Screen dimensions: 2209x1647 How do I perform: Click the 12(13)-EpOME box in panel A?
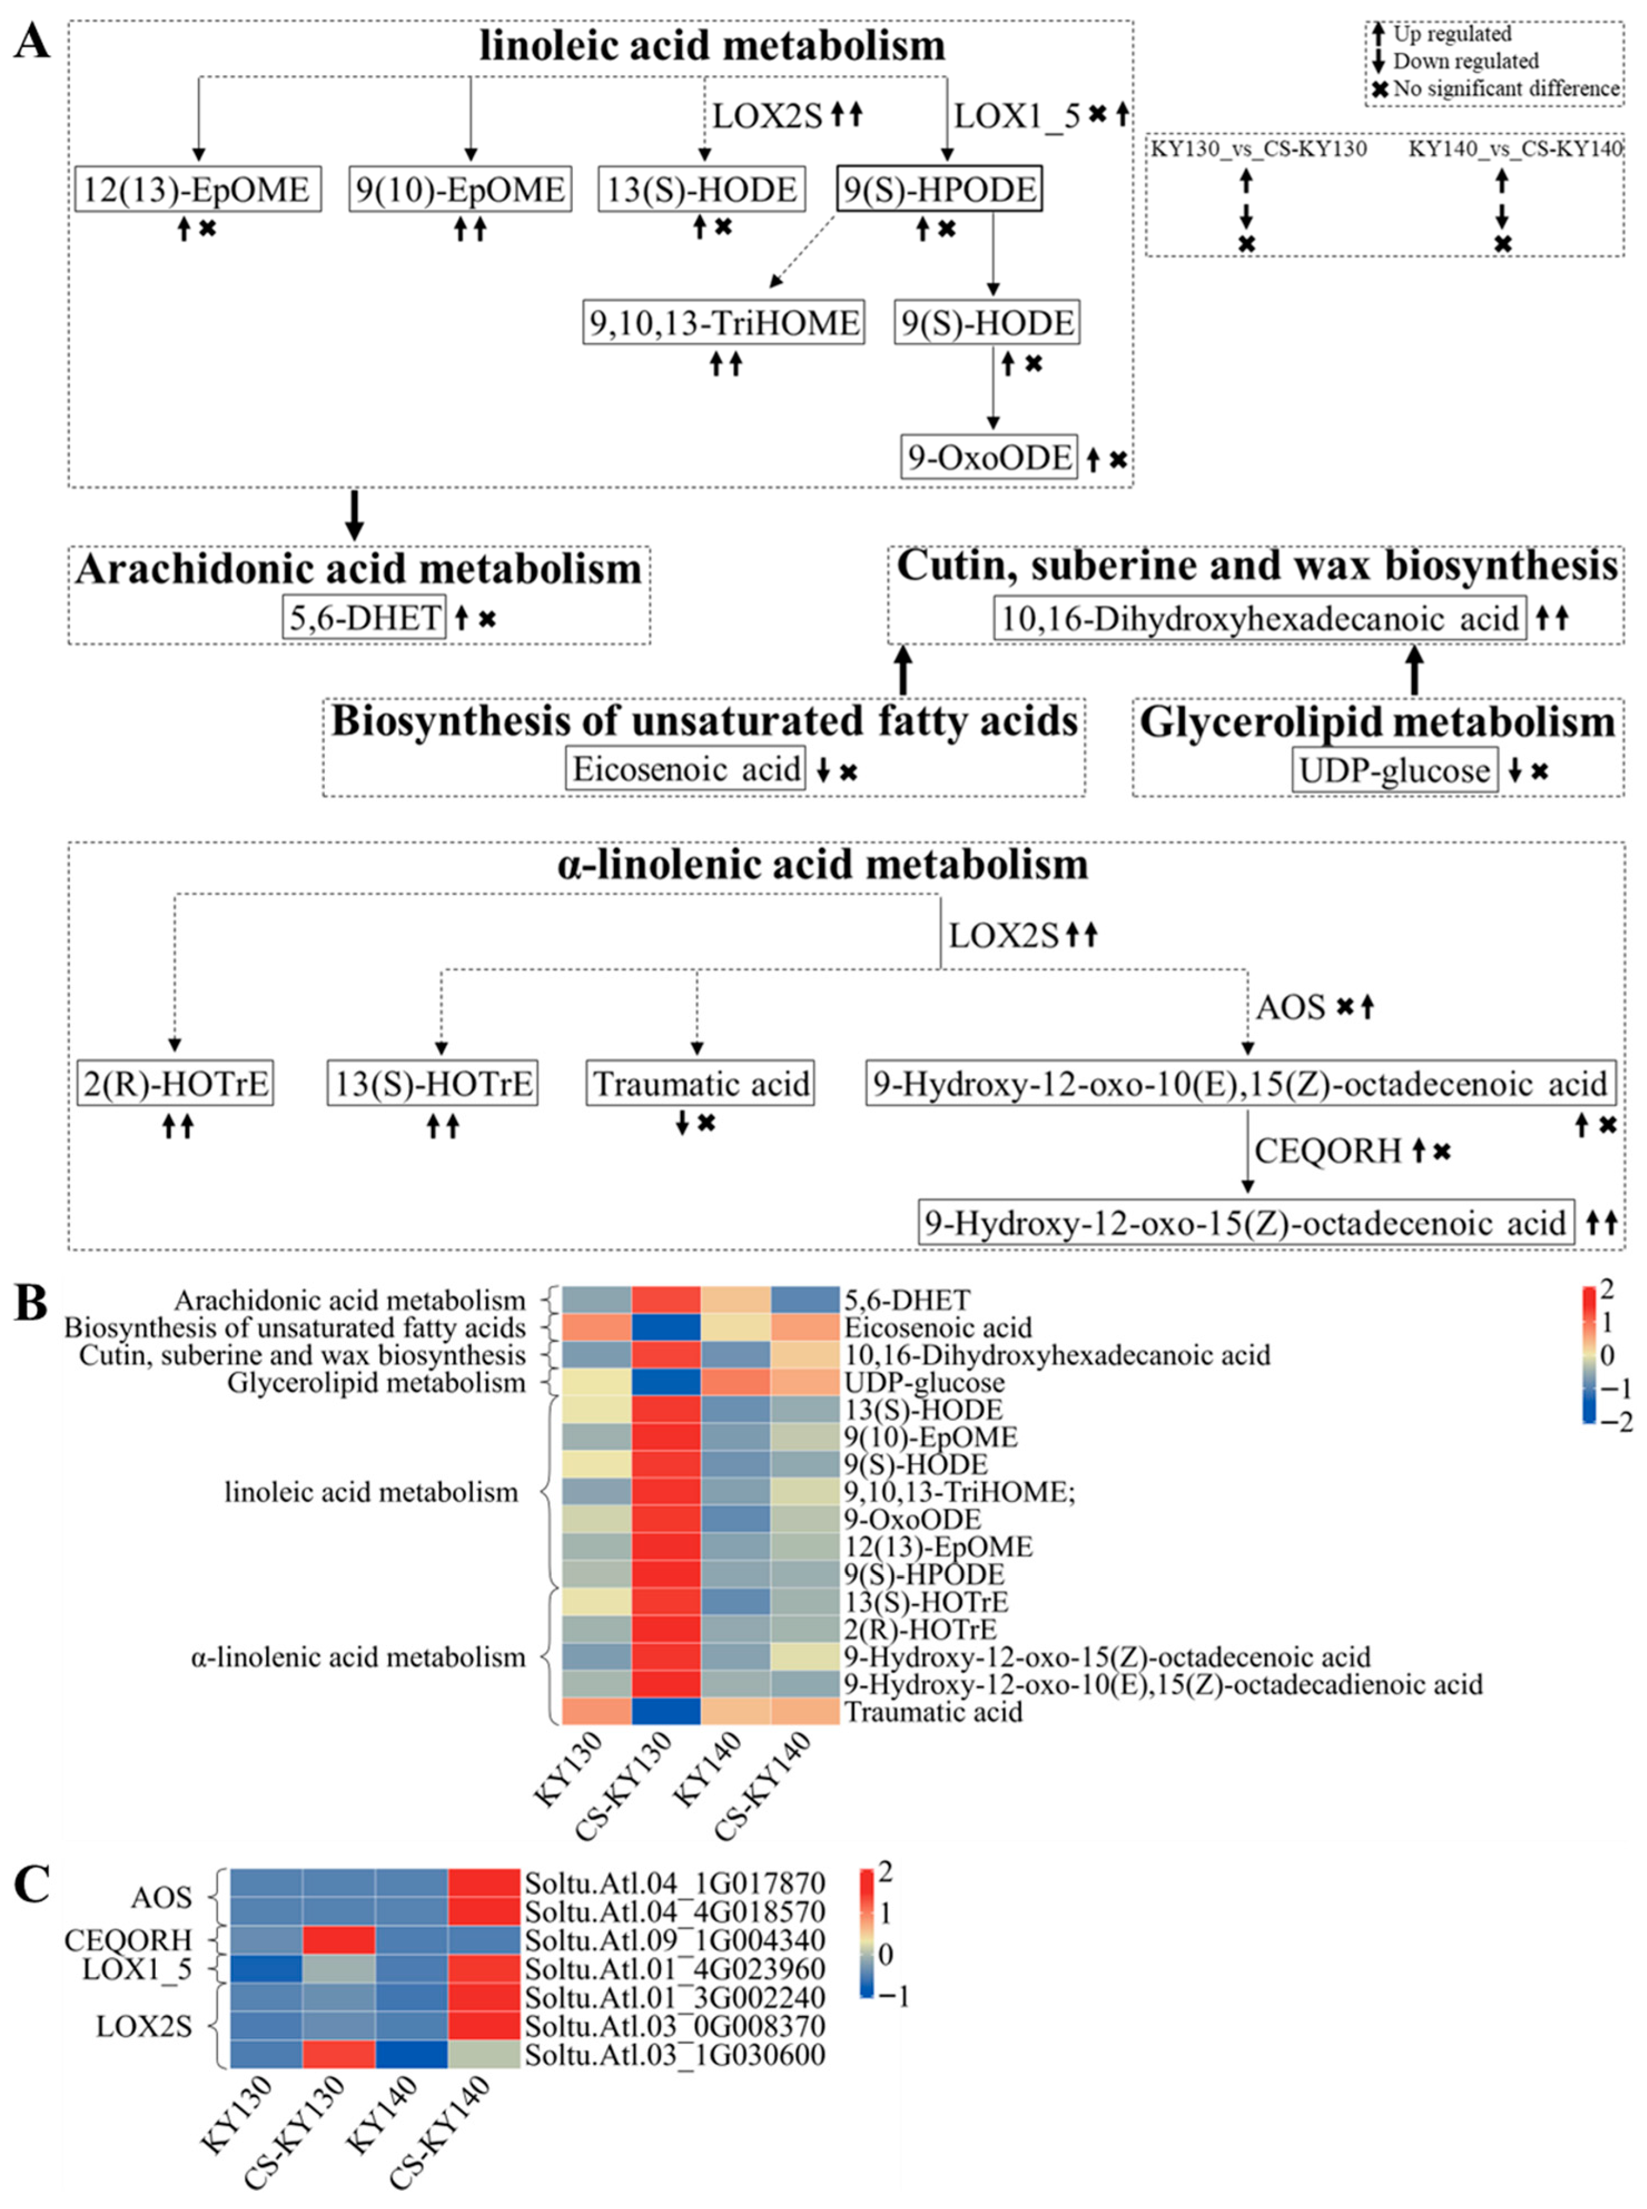click(197, 189)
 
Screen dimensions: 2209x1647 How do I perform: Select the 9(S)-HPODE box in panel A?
click(939, 189)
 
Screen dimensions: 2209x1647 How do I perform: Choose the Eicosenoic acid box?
click(686, 769)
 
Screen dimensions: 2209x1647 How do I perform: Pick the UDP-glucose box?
click(1395, 770)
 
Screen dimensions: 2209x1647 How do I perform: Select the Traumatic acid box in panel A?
click(700, 1084)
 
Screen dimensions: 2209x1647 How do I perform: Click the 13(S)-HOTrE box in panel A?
click(433, 1084)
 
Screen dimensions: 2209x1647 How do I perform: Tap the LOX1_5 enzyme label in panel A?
click(1016, 117)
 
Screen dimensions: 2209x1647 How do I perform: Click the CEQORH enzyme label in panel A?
click(1328, 1152)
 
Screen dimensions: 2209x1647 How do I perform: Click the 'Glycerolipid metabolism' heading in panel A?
click(1377, 721)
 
